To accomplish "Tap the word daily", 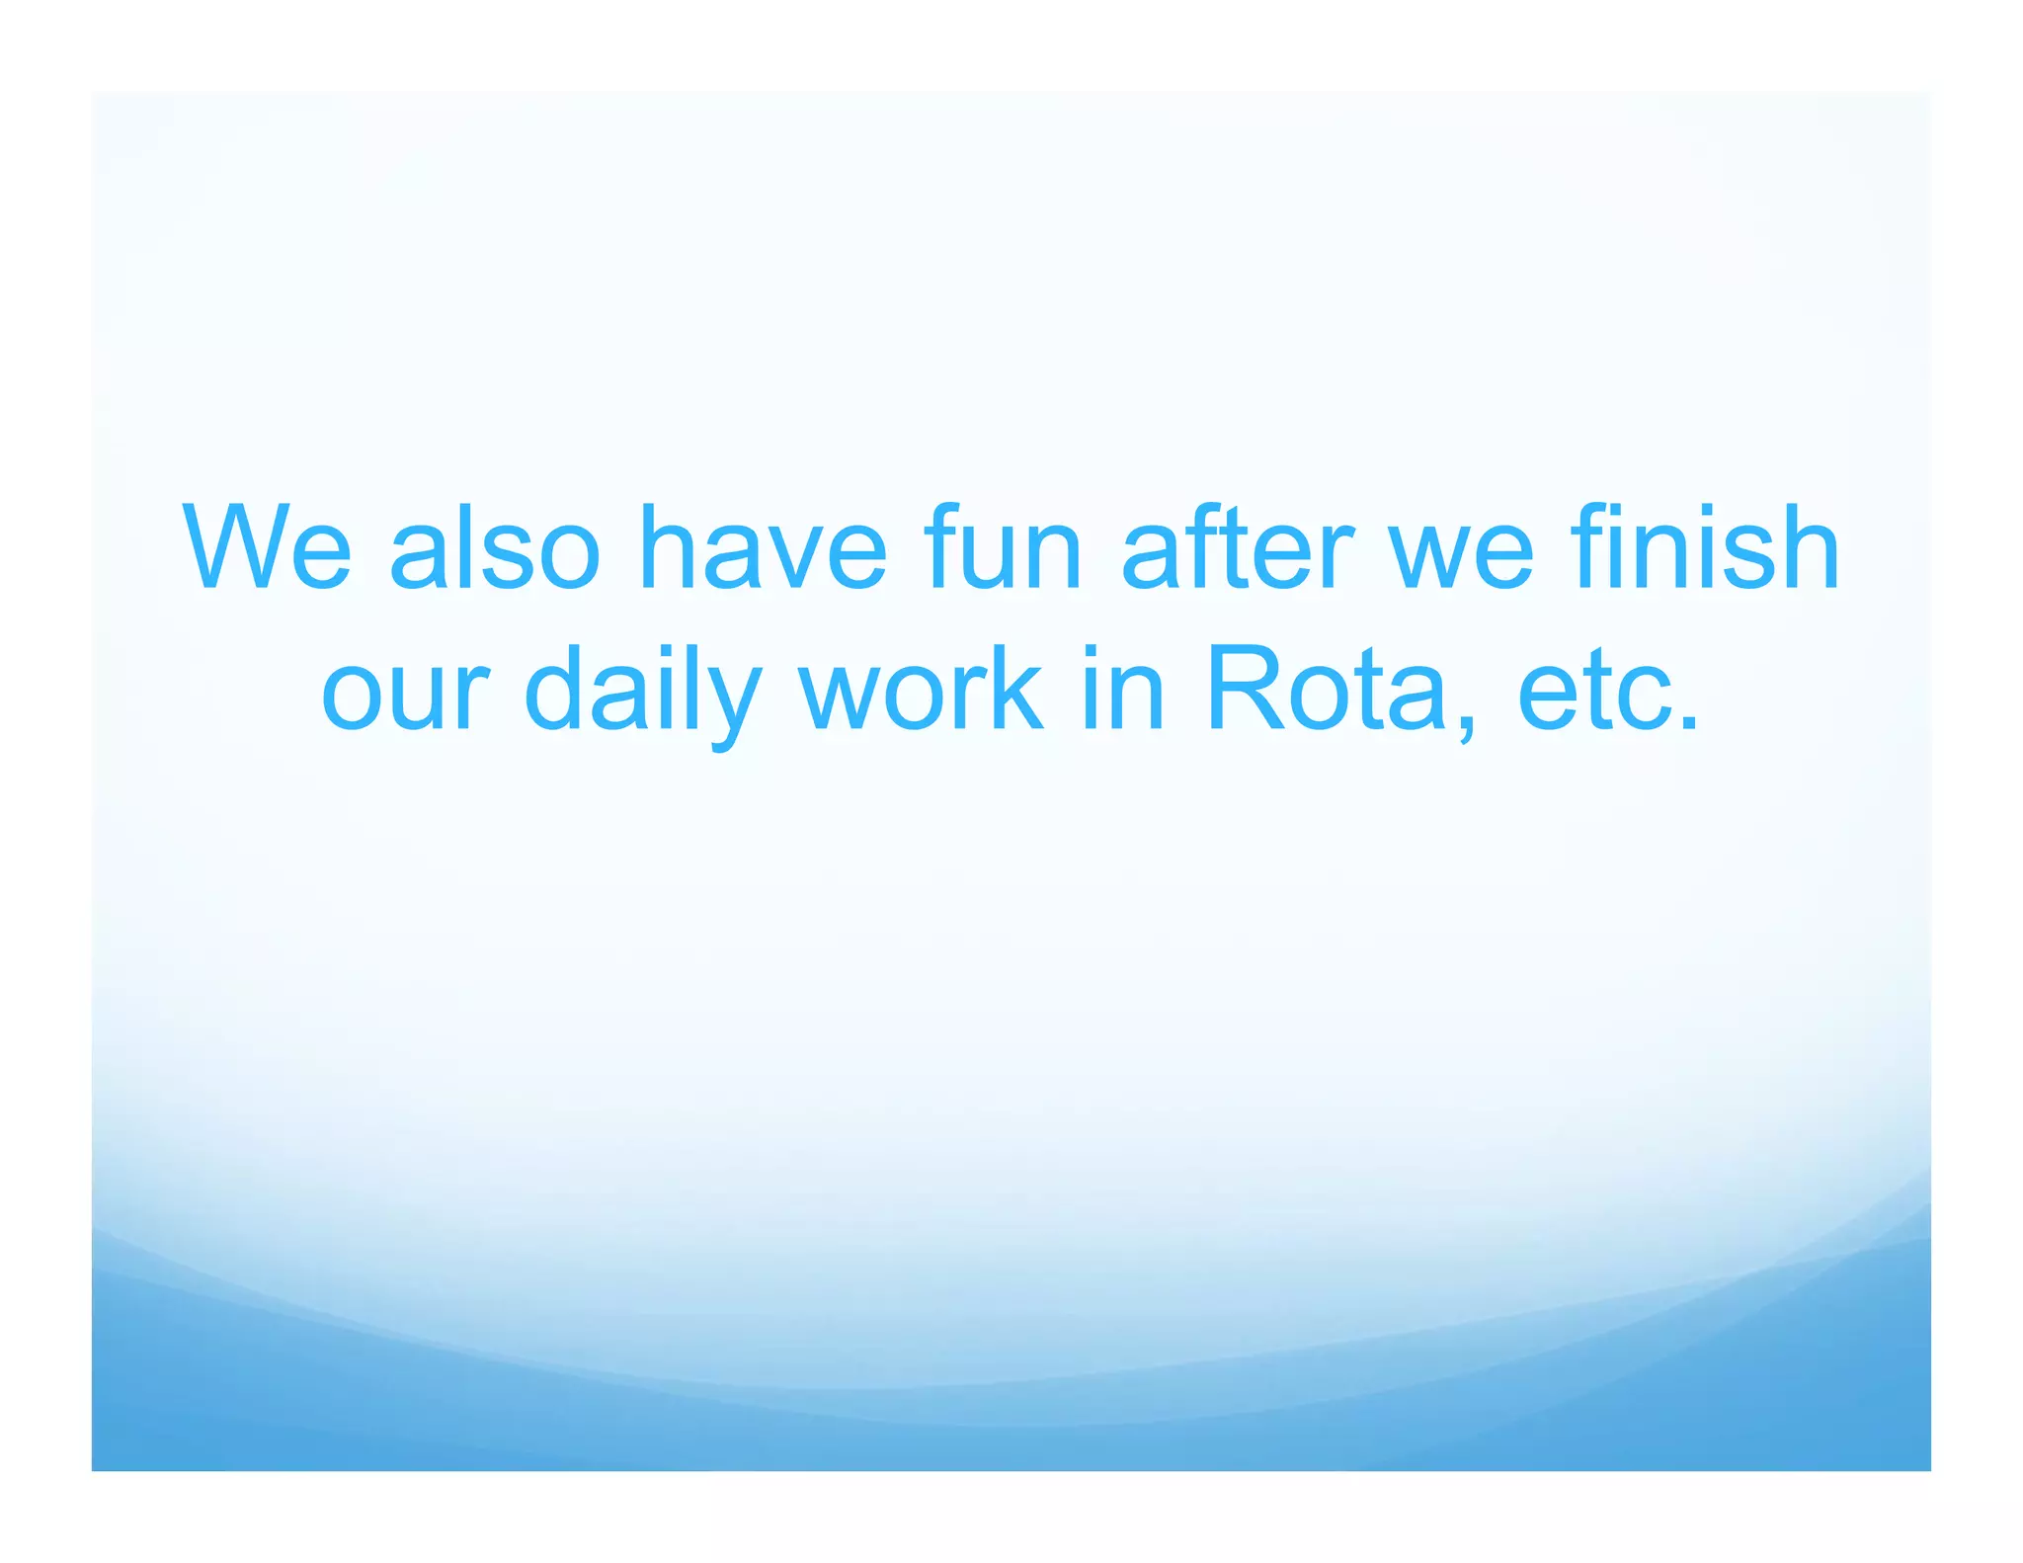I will pos(643,692).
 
